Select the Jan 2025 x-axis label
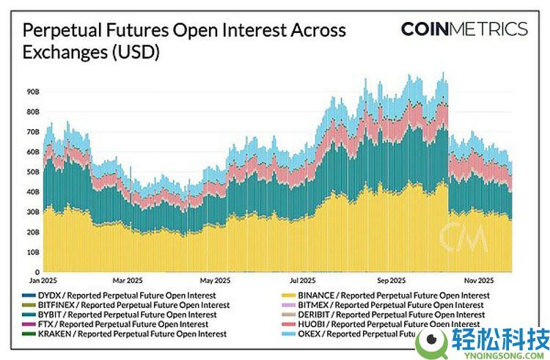[x=43, y=280]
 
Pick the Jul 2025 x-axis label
[x=303, y=280]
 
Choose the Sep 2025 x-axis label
[x=392, y=280]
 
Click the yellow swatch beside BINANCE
[x=287, y=295]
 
